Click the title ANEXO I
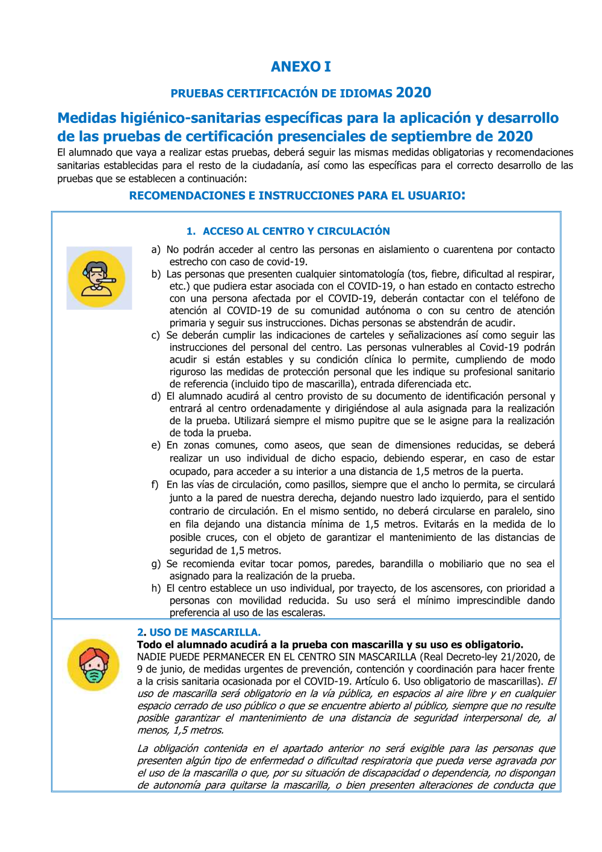(301, 66)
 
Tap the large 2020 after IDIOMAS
(414, 92)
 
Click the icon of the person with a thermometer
(99, 278)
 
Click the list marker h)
(156, 588)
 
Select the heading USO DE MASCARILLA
(205, 632)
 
